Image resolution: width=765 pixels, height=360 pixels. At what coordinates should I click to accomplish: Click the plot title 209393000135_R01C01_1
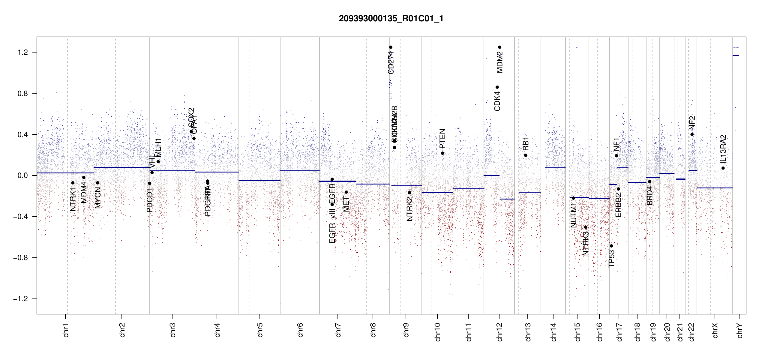tap(391, 19)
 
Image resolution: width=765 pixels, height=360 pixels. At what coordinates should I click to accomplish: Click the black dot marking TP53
tap(611, 246)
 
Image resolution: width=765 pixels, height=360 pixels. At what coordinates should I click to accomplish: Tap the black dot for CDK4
tap(497, 87)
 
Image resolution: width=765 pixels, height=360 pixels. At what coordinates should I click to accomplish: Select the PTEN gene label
tap(442, 139)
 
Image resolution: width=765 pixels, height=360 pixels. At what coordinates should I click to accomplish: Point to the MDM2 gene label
tap(499, 62)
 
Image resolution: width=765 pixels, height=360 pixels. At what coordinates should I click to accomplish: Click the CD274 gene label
tap(391, 63)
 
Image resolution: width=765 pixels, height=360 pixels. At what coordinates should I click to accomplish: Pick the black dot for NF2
tap(692, 134)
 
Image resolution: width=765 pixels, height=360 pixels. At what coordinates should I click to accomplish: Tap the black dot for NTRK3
tap(586, 227)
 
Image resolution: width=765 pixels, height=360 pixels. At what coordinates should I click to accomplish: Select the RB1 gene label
tap(526, 144)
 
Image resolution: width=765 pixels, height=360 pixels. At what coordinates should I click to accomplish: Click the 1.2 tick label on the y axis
tap(22, 52)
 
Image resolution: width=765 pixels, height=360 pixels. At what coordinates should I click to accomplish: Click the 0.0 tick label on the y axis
tap(22, 175)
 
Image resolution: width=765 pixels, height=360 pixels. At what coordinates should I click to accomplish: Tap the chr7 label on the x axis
tap(338, 330)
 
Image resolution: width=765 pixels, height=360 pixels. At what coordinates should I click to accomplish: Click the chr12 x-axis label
tap(499, 332)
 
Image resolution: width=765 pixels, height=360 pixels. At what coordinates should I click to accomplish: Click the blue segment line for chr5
tap(259, 181)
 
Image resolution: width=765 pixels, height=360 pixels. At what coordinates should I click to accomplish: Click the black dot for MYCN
tap(97, 183)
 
